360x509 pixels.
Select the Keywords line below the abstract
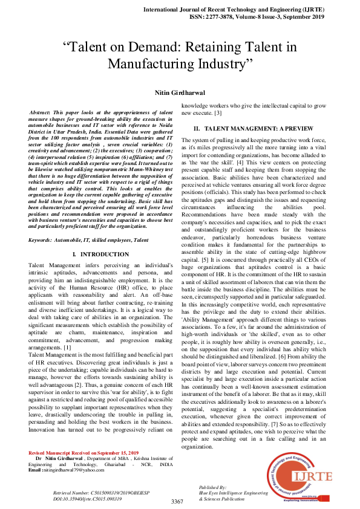(88, 241)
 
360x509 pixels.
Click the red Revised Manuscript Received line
(83, 470)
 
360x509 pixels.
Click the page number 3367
(177, 502)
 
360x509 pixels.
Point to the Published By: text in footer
(213, 487)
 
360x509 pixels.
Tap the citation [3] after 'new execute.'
(218, 114)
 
